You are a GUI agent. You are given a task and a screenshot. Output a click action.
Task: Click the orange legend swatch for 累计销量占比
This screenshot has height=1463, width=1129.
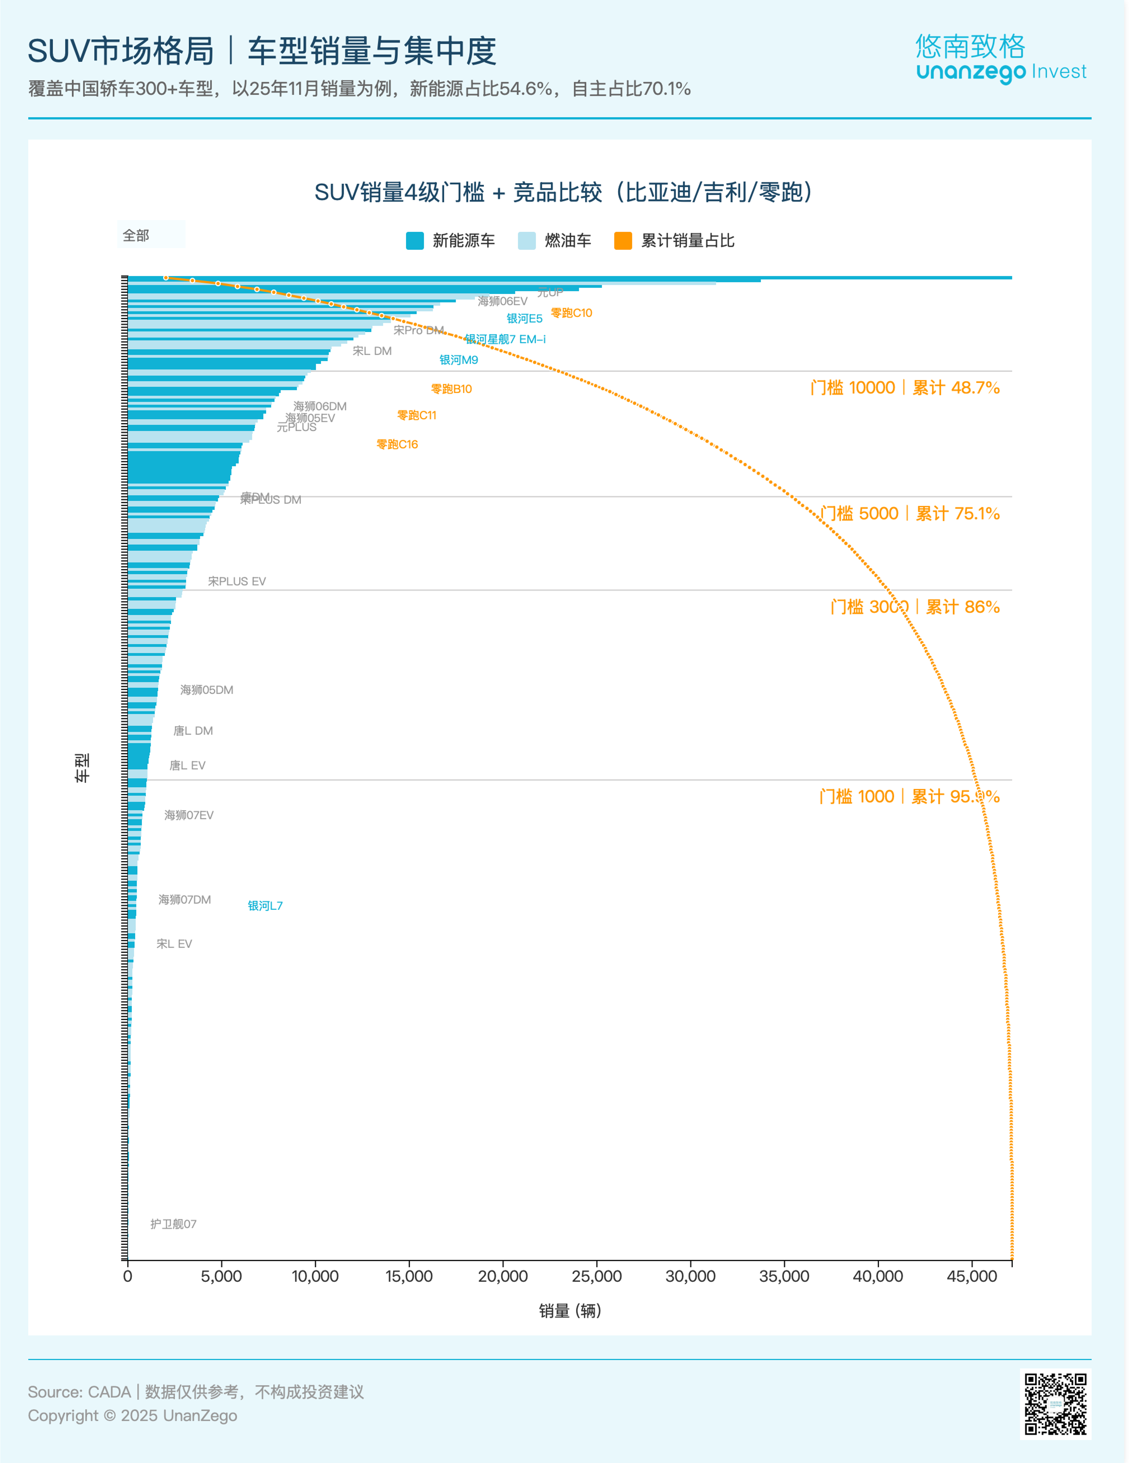pyautogui.click(x=623, y=240)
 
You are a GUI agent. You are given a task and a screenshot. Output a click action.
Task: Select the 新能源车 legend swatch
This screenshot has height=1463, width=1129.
pyautogui.click(x=415, y=240)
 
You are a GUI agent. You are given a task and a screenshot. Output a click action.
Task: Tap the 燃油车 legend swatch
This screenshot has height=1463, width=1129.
pyautogui.click(x=527, y=240)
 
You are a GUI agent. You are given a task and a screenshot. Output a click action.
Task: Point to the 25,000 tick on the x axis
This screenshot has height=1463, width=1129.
pyautogui.click(x=596, y=1276)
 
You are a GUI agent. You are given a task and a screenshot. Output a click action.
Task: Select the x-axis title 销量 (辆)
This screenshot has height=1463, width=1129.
pyautogui.click(x=570, y=1311)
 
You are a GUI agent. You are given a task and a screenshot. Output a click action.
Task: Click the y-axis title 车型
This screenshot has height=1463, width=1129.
pyautogui.click(x=82, y=768)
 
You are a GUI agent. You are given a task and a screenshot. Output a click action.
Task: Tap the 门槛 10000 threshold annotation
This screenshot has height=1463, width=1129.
pyautogui.click(x=905, y=388)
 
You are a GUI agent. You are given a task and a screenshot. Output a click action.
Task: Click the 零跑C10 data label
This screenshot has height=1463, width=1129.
pyautogui.click(x=572, y=313)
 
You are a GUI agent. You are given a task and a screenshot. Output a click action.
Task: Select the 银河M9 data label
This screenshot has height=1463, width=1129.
pyautogui.click(x=459, y=360)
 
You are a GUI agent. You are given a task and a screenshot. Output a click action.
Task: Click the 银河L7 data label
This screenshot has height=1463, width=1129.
pyautogui.click(x=265, y=906)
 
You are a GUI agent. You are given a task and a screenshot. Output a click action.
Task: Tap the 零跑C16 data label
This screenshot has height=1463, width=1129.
pyautogui.click(x=397, y=444)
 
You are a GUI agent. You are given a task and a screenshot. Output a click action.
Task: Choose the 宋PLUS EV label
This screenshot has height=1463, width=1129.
pyautogui.click(x=237, y=581)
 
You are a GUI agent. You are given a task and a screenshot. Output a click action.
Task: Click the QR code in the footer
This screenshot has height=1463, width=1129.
pyautogui.click(x=1055, y=1404)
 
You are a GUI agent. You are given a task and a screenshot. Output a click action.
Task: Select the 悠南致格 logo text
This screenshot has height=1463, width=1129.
pyautogui.click(x=970, y=46)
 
